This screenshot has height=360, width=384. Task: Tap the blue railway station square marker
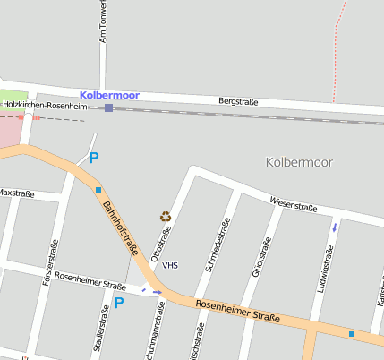click(x=108, y=108)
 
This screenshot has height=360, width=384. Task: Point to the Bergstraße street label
click(x=238, y=102)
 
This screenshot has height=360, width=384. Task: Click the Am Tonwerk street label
click(x=103, y=22)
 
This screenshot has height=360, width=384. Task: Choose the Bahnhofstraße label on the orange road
click(x=122, y=227)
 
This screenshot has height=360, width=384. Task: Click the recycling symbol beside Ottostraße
click(x=165, y=216)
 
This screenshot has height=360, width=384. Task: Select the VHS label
click(x=170, y=265)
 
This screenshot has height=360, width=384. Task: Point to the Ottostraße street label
click(x=161, y=243)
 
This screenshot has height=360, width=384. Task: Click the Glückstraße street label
click(x=260, y=256)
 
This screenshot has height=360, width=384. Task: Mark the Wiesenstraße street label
click(x=293, y=206)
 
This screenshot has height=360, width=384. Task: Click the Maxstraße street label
click(x=16, y=193)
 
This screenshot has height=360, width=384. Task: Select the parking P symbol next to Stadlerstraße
click(x=118, y=304)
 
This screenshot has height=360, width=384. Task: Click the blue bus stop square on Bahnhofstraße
click(x=98, y=190)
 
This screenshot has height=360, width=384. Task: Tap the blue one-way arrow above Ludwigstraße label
click(x=335, y=227)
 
